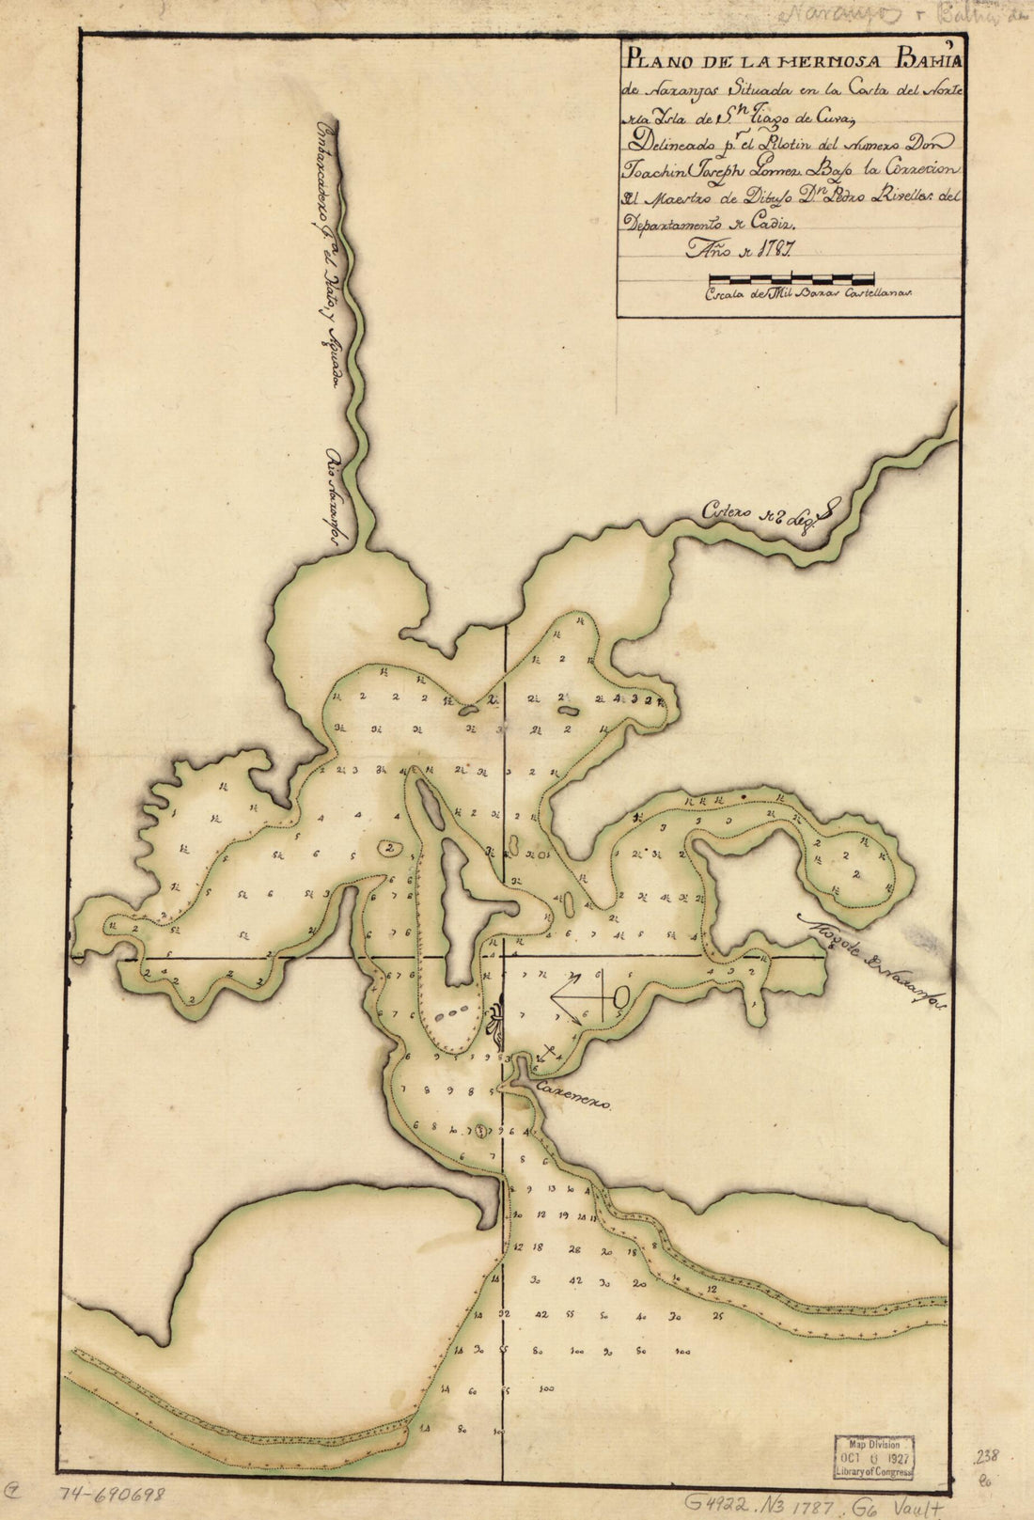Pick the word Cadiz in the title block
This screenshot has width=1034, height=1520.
772,225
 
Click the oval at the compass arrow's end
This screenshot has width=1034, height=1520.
620,995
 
